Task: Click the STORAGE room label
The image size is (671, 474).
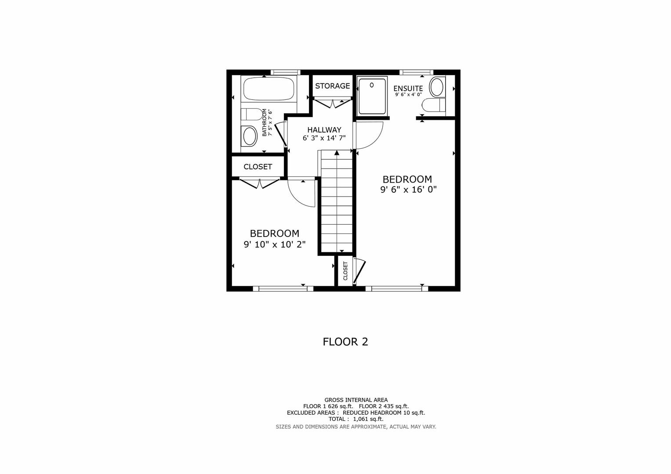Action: [332, 86]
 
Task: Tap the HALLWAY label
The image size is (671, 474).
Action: [324, 130]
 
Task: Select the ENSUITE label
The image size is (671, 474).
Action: [408, 89]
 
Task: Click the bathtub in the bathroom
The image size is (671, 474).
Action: [268, 89]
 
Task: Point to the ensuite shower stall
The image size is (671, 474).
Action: [372, 95]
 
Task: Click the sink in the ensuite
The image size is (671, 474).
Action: [437, 87]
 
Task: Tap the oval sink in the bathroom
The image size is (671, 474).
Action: [250, 136]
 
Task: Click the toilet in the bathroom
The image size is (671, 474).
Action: [251, 115]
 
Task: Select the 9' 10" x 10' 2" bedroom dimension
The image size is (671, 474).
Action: [275, 244]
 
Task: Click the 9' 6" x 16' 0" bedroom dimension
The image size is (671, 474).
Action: [408, 190]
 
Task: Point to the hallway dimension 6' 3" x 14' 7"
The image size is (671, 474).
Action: [324, 138]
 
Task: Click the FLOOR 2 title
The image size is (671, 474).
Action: [345, 342]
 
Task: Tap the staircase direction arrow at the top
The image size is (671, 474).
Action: [337, 153]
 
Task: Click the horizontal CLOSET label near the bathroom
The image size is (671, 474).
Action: [258, 167]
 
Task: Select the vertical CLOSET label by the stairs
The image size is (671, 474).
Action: [345, 271]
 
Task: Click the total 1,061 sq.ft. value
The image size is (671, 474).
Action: [368, 419]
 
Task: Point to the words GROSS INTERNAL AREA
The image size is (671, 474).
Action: [356, 400]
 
